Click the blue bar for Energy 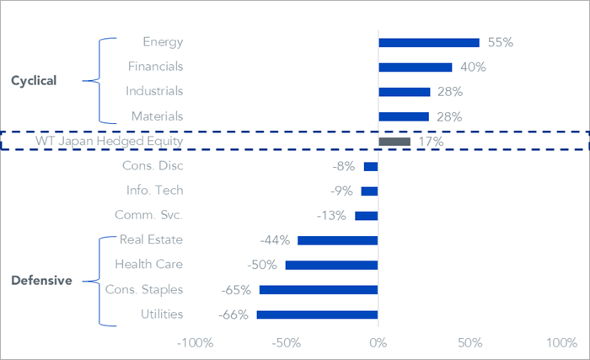pos(429,42)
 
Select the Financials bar pos(416,67)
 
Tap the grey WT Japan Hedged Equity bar pos(394,142)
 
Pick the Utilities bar pos(317,314)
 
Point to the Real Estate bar pos(337,240)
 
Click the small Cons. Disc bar pos(371,166)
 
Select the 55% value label pos(501,42)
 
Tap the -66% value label pos(233,314)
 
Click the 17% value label pos(432,142)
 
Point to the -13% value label pos(331,216)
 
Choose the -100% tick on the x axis pos(196,343)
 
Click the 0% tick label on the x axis pos(378,343)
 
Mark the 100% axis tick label pos(562,343)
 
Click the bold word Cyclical pos(34,81)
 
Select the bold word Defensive pos(41,281)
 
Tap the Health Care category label pos(149,265)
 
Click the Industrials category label pos(154,91)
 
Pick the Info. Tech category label pos(154,191)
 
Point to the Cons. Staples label pos(144,290)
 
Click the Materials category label pos(158,116)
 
